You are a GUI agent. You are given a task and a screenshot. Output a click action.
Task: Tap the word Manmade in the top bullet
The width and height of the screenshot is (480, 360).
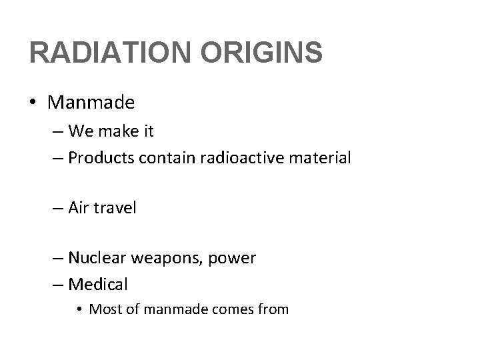click(91, 103)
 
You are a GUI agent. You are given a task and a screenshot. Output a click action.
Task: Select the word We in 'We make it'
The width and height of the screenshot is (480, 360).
click(79, 131)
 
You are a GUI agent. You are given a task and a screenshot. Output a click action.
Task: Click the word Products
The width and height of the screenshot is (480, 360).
click(100, 159)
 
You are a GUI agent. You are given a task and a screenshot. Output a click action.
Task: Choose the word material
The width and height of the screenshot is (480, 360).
click(323, 158)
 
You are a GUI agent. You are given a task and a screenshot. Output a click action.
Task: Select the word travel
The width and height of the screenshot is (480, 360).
click(115, 208)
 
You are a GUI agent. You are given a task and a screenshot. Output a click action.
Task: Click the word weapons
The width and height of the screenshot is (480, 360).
click(165, 259)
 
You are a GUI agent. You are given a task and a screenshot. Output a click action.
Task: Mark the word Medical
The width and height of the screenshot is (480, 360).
click(97, 285)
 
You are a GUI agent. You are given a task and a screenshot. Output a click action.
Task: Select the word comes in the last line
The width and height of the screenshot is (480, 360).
click(227, 310)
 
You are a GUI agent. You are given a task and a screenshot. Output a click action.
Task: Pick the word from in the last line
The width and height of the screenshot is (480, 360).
click(273, 309)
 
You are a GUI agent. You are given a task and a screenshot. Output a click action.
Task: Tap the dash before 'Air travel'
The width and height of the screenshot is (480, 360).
click(59, 209)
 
